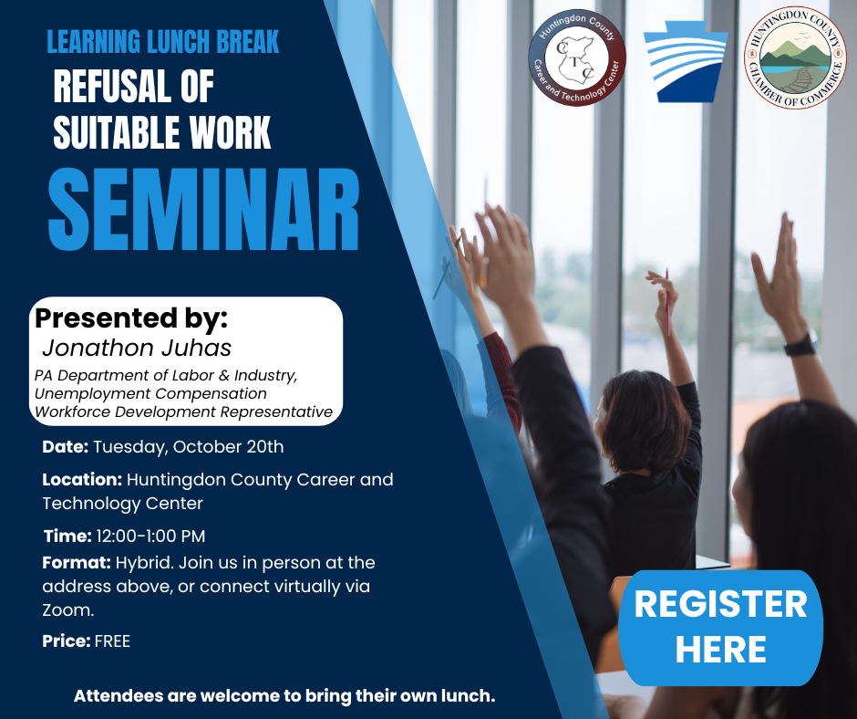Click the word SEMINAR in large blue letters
204,210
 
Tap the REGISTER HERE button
720,628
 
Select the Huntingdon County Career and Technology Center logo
576,57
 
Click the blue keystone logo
686,61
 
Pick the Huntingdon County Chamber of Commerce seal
795,57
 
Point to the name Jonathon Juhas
137,348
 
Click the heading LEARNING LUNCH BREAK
163,42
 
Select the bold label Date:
65,446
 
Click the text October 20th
228,446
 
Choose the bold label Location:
82,479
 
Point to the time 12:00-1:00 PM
150,537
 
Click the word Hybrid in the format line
144,564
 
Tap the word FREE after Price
112,641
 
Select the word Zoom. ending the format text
68,610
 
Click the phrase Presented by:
131,318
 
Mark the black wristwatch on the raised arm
800,345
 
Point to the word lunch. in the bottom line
468,696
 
